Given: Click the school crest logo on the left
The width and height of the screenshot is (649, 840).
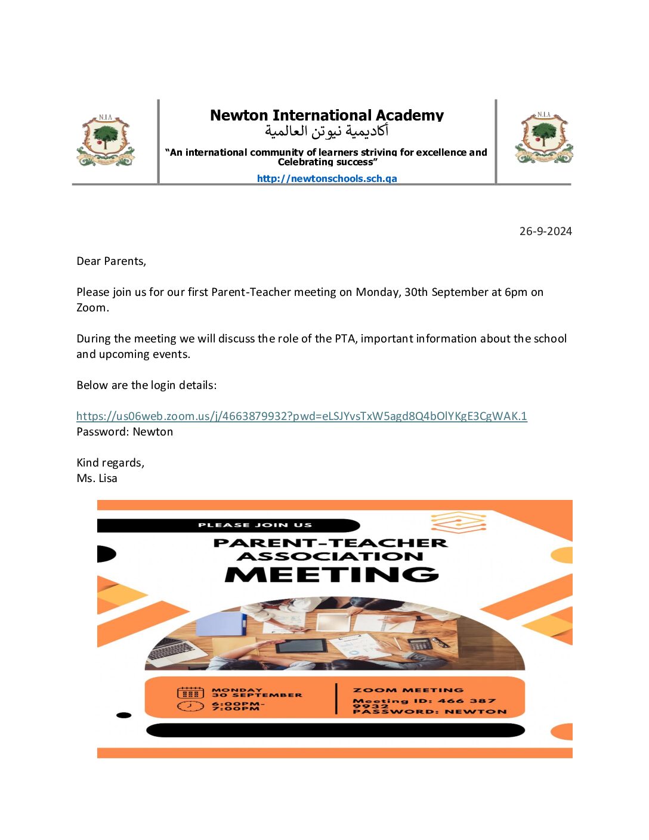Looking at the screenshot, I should point(106,141).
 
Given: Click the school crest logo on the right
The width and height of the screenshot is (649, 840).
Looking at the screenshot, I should point(543,138).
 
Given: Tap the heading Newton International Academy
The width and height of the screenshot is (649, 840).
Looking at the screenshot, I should point(326,115).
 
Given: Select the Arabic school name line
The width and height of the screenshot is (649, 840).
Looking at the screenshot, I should point(326,131).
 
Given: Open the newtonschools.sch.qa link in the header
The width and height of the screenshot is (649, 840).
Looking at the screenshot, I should point(326,178).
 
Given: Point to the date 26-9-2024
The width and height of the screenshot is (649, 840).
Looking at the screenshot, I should point(545,231).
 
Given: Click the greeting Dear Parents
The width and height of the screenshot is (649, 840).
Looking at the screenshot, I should point(111,261).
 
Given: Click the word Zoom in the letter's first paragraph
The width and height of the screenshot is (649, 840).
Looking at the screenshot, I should point(92,308).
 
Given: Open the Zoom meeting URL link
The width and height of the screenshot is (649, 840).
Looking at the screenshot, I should point(301,416).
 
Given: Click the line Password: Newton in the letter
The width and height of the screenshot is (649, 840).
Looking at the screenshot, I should point(125,432).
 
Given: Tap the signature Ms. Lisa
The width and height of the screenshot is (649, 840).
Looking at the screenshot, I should point(97,478).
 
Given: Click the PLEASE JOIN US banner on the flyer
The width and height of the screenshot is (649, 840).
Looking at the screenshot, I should point(255,525).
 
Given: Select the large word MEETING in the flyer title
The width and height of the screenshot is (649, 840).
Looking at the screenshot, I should point(332,574).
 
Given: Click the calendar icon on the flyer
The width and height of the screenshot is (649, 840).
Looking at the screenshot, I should point(190,693).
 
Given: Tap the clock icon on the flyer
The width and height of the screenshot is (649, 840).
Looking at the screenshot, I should point(190,706).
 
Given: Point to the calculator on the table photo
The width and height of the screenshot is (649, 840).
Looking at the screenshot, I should point(420,644).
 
